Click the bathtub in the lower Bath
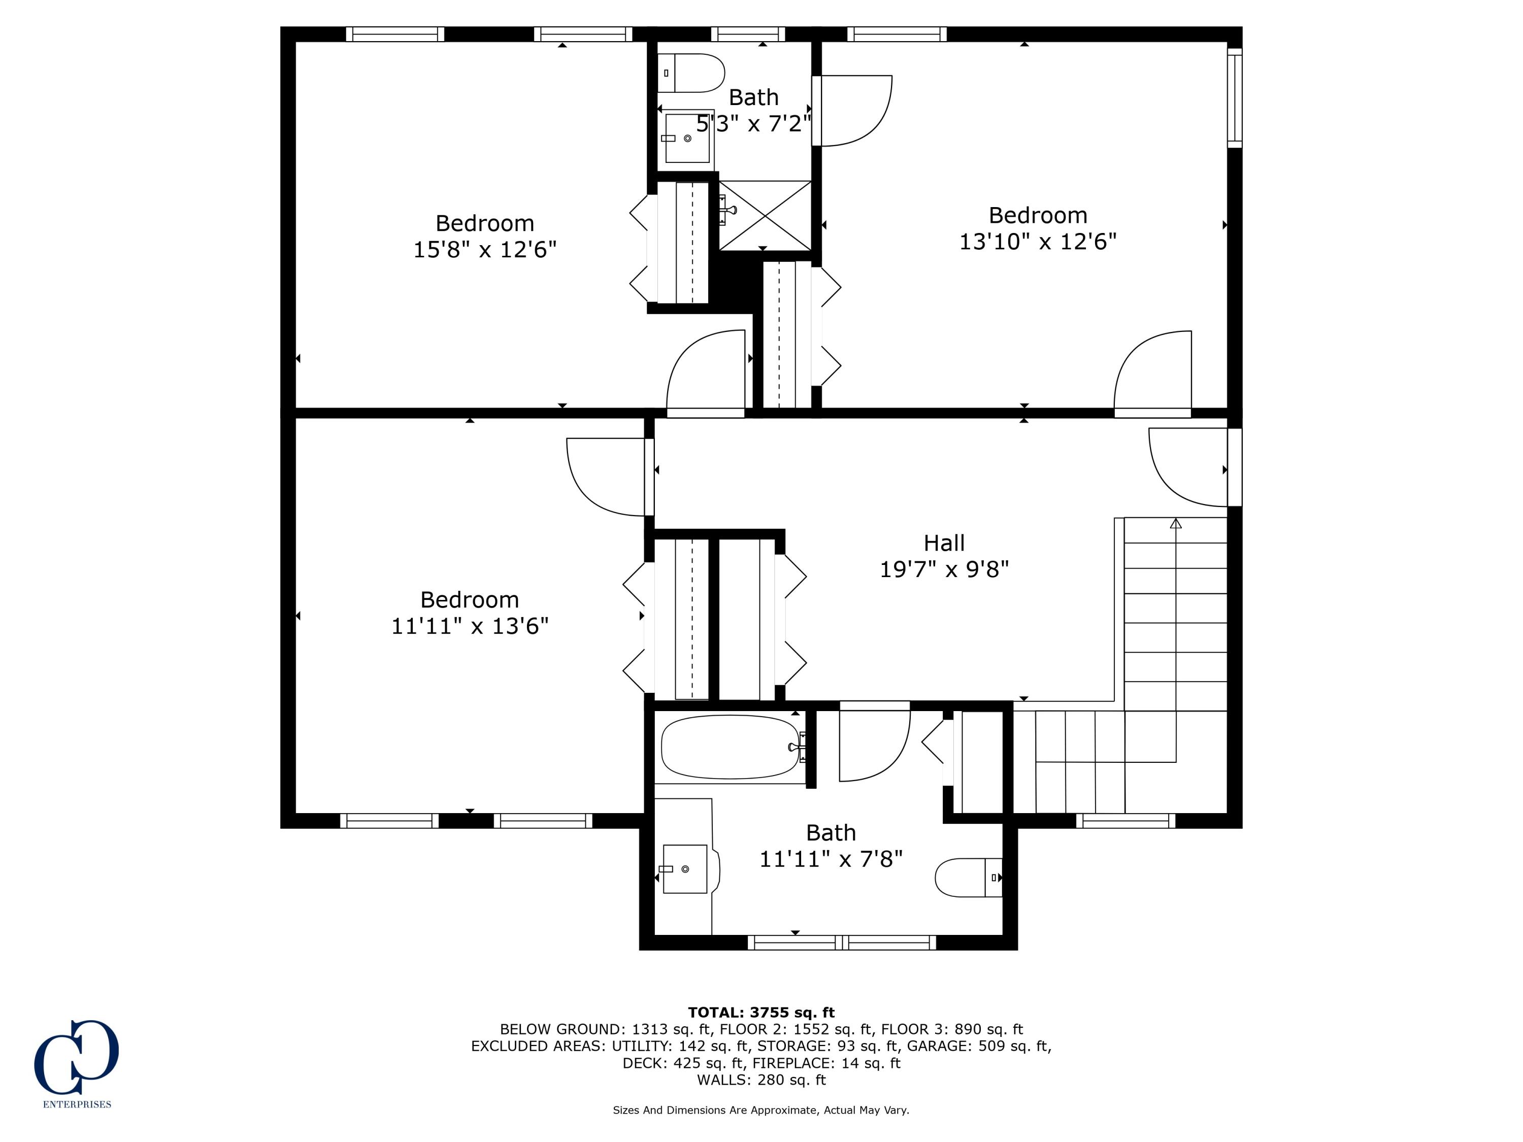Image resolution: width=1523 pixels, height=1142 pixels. pos(730,747)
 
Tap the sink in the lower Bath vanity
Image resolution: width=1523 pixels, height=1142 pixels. pos(684,869)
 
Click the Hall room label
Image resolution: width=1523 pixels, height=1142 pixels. pos(943,543)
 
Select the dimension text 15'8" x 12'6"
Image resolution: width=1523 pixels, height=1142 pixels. pos(485,249)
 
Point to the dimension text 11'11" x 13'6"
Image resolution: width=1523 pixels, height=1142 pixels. pos(470,626)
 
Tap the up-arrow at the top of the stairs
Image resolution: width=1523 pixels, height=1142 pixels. pos(1175,524)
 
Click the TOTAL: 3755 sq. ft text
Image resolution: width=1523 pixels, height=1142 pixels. pos(761,1012)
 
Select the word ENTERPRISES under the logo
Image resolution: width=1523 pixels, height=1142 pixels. pos(77,1104)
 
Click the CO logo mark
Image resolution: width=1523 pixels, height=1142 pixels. pos(77,1057)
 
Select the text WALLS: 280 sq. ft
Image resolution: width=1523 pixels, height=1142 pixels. pos(761,1080)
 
